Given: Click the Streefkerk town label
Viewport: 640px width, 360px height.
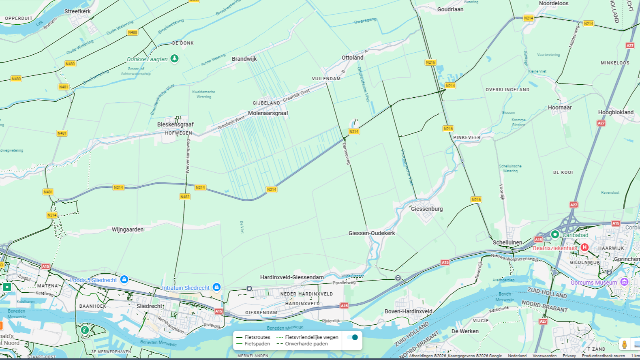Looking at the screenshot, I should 77,11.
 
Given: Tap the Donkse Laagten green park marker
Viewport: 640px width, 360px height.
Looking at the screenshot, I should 174,59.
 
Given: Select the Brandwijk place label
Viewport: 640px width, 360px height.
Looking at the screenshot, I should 244,59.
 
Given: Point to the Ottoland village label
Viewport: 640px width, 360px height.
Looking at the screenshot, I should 352,58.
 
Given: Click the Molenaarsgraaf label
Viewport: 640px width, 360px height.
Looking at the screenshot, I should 268,113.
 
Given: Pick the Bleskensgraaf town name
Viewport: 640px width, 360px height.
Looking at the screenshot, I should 175,124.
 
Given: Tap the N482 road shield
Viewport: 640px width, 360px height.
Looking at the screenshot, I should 184,197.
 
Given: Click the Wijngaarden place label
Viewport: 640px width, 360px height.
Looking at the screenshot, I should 127,229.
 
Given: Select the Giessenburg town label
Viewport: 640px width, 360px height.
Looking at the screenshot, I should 426,209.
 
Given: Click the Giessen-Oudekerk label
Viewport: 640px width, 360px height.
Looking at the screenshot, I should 371,233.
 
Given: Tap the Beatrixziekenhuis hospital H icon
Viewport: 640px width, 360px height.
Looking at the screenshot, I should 584,247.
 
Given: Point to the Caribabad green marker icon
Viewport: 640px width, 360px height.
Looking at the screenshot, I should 555,234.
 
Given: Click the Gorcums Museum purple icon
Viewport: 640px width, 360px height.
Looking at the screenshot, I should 624,282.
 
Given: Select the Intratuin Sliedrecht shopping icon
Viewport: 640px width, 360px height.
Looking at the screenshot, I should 216,287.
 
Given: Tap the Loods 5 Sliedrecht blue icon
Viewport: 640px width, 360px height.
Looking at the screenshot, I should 124,279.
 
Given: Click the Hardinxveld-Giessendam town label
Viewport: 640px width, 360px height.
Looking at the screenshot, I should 292,277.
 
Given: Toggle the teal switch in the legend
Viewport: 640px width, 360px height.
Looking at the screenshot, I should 353,337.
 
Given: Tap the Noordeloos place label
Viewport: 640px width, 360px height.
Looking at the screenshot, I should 553,3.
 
